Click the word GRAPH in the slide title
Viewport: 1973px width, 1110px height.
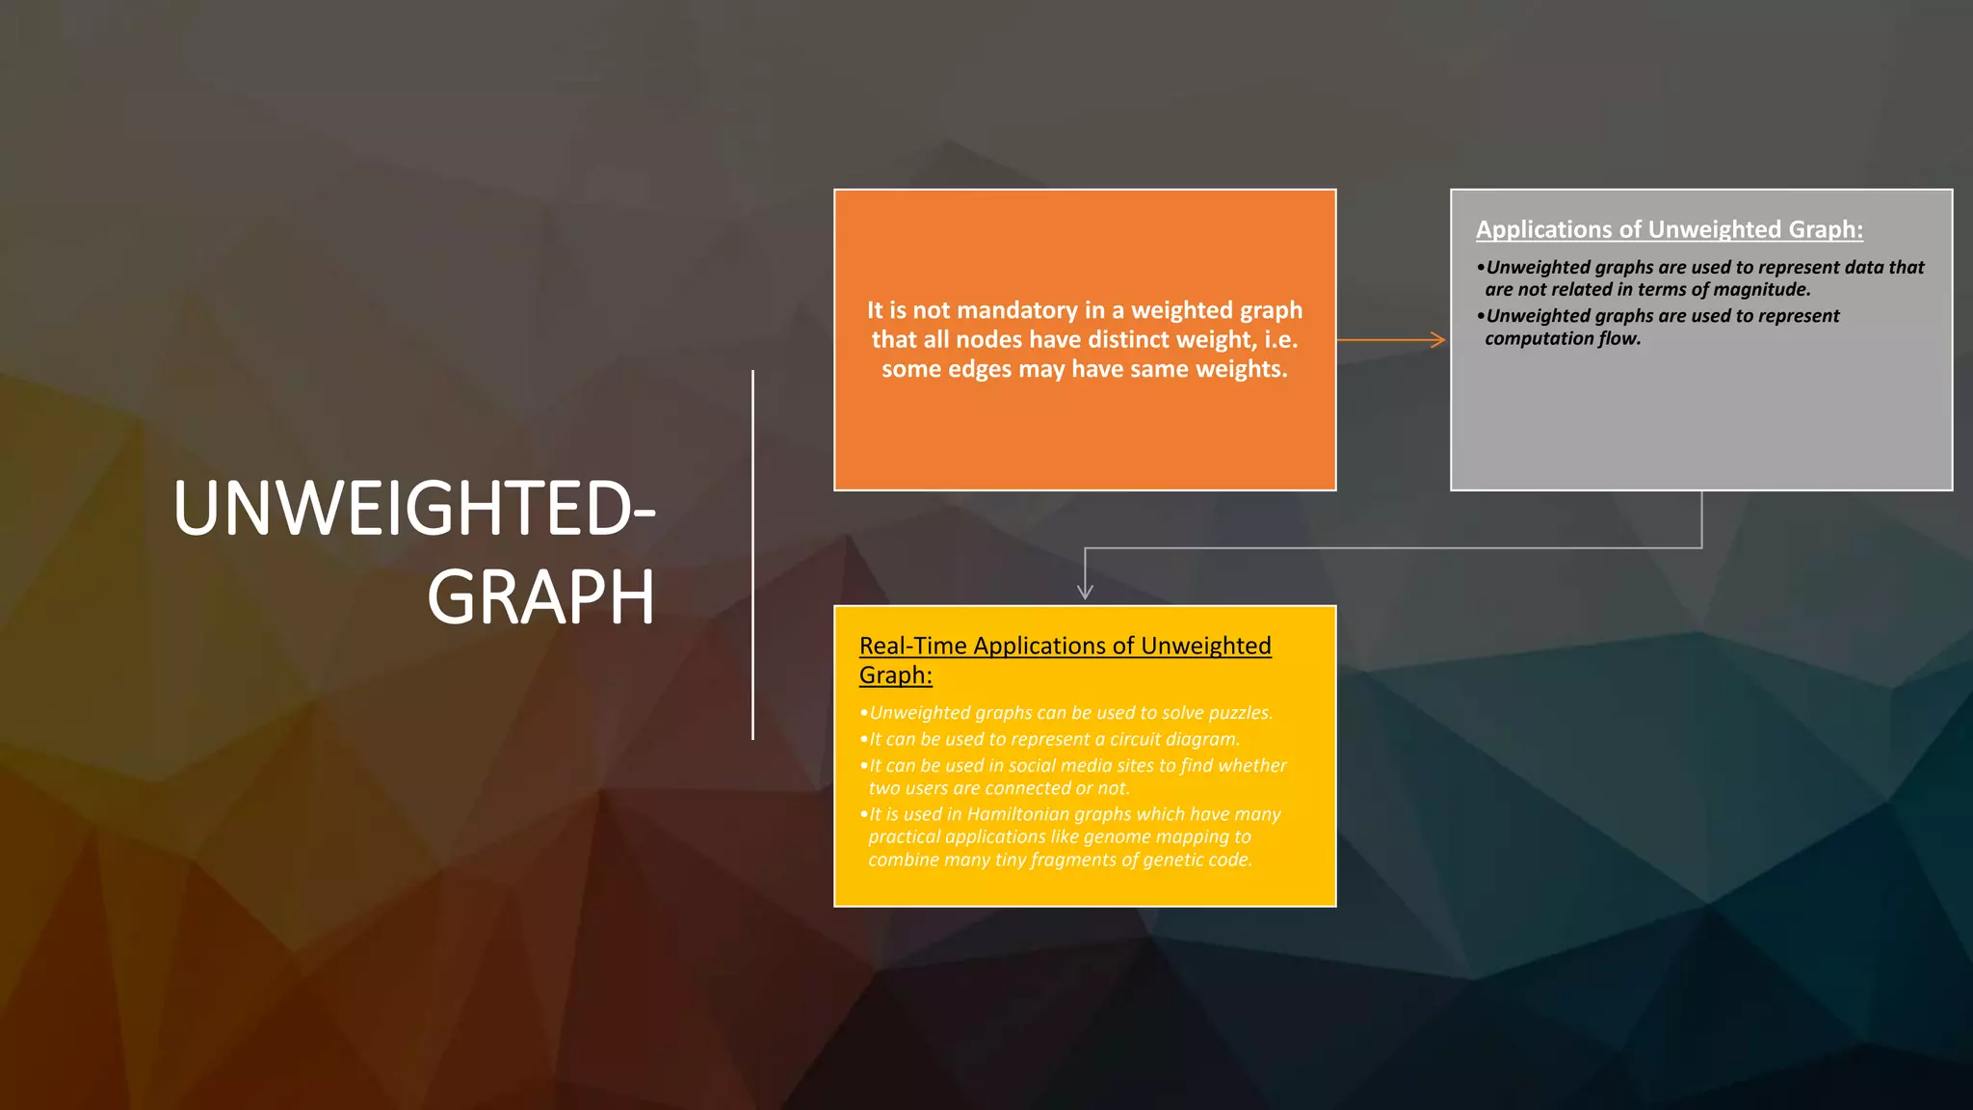tap(540, 598)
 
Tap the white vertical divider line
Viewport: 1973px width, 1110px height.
tap(752, 555)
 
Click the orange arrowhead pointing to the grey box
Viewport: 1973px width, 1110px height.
tap(1438, 340)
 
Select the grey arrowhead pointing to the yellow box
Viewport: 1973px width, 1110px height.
tap(1085, 592)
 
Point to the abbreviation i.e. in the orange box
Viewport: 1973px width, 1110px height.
tap(1281, 339)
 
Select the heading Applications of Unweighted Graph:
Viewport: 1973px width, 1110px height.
tap(1669, 229)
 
